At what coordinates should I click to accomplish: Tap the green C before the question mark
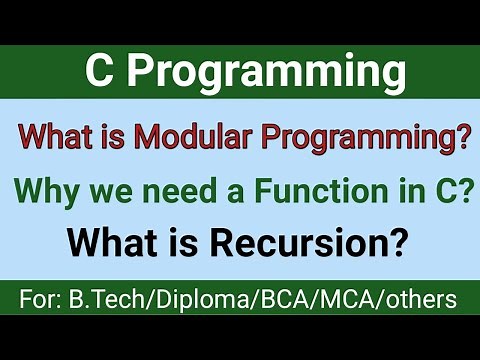(439, 190)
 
